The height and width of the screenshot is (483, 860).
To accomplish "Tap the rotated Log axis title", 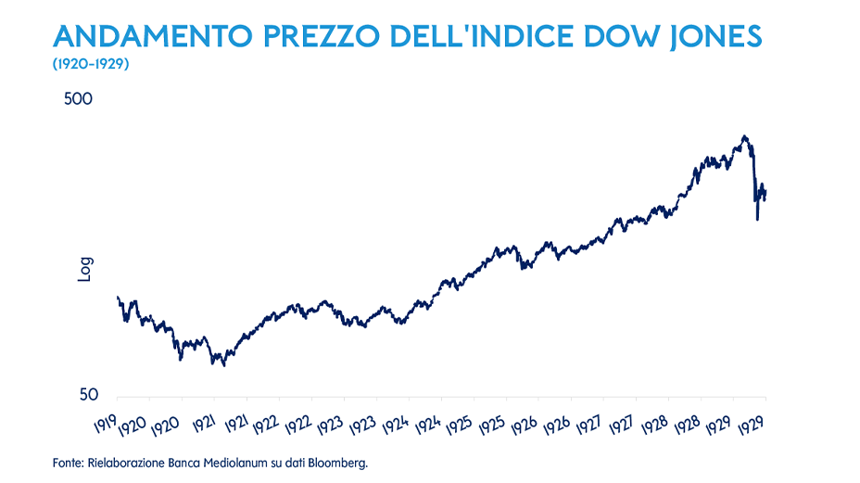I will (x=84, y=268).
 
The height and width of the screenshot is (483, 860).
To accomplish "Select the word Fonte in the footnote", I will (x=68, y=462).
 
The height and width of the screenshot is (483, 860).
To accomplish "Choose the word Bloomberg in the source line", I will (x=339, y=462).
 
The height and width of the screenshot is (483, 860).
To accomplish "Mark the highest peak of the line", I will (x=744, y=136).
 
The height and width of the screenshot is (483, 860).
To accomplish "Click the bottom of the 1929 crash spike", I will (x=757, y=219).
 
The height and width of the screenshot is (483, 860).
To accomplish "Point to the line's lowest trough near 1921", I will (x=224, y=365).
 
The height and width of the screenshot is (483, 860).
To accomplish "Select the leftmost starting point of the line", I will (x=117, y=297).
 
